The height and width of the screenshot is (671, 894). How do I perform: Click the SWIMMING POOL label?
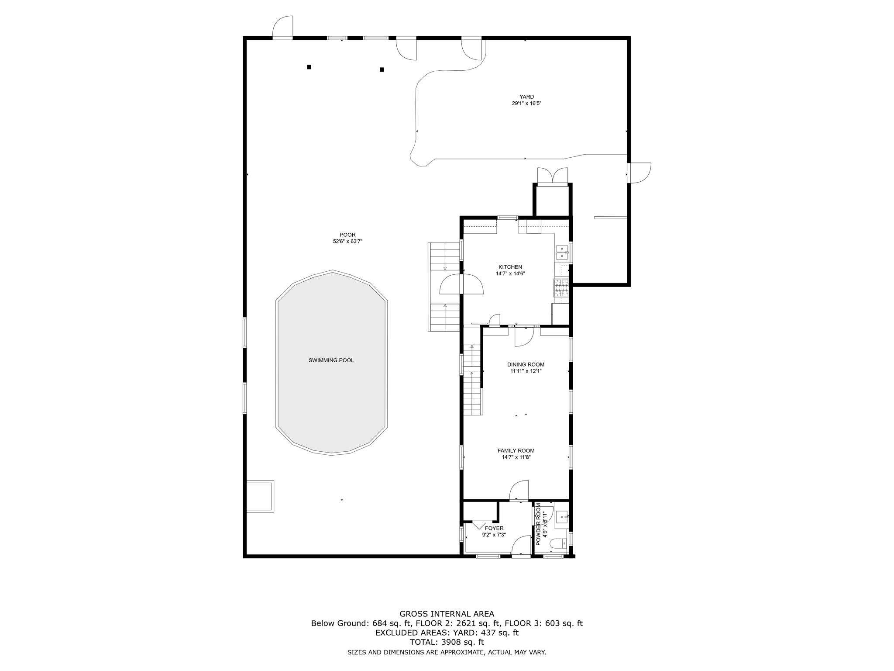[x=331, y=360]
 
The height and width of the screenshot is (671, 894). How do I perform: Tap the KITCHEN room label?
[x=510, y=267]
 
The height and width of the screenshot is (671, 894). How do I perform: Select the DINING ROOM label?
[x=526, y=364]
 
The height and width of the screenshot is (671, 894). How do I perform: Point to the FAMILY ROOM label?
[x=516, y=450]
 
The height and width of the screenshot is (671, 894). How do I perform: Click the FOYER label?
[x=494, y=528]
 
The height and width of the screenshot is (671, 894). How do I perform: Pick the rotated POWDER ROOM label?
[x=538, y=524]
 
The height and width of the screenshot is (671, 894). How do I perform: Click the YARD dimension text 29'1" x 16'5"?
[x=526, y=104]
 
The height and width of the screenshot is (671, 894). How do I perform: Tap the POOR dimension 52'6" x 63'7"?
[x=347, y=241]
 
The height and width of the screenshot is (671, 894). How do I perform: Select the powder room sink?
[x=562, y=517]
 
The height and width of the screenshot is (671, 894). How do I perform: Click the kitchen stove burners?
[x=561, y=288]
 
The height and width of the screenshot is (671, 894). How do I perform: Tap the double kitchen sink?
[x=561, y=252]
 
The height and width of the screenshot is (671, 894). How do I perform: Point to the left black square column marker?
[x=309, y=67]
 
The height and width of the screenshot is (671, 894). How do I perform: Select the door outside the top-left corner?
[x=283, y=27]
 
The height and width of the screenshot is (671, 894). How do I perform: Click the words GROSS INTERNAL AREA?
[x=447, y=614]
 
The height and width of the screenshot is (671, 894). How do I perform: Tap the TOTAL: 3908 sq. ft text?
[x=447, y=642]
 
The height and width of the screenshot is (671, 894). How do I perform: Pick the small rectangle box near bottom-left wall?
[x=260, y=496]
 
